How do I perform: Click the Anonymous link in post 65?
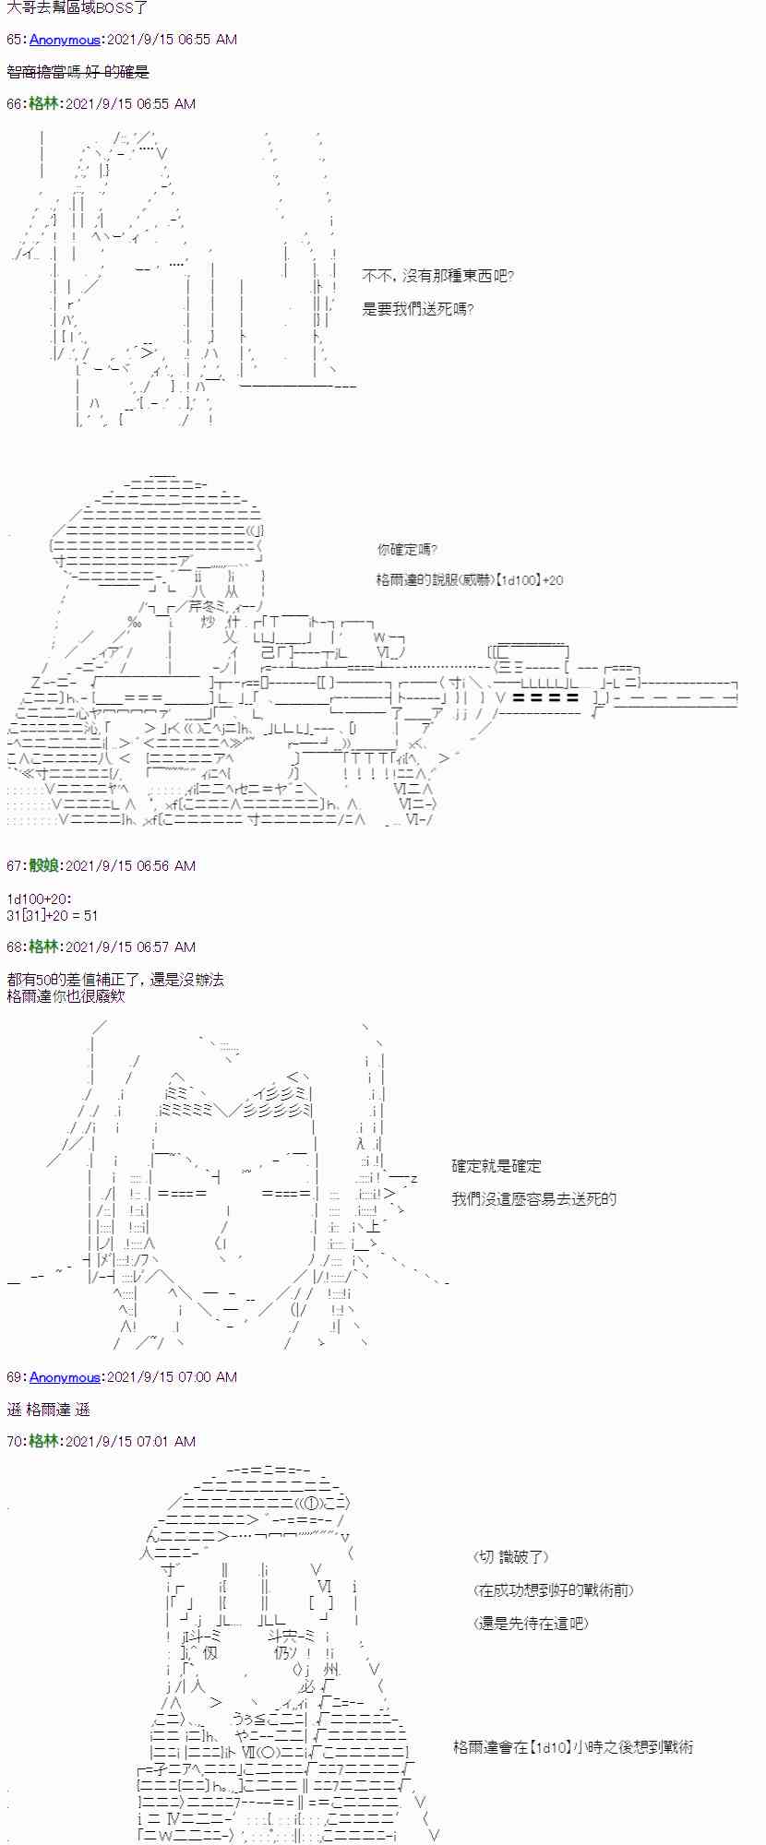tap(65, 40)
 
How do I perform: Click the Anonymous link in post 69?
tap(65, 1377)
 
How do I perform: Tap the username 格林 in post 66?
tap(44, 104)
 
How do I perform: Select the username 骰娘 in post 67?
tap(44, 865)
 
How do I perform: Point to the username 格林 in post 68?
tap(44, 946)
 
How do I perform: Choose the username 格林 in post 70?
tap(44, 1441)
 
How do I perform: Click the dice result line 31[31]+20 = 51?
tap(52, 915)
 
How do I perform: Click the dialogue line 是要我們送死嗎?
tap(418, 309)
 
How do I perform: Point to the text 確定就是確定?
tap(496, 1166)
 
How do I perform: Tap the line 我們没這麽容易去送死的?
tap(533, 1199)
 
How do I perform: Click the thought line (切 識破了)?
tap(511, 1557)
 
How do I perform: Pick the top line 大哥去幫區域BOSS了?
tap(78, 7)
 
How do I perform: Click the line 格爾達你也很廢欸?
tap(66, 996)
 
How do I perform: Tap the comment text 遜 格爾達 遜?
tap(48, 1410)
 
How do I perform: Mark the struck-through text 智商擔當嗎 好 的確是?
tap(78, 72)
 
